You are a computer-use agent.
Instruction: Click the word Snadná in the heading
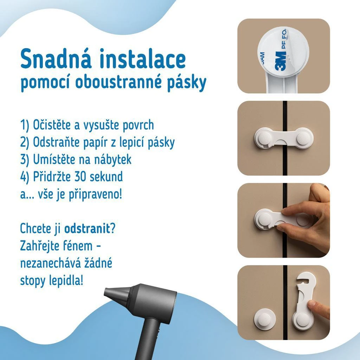pyautogui.click(x=56, y=59)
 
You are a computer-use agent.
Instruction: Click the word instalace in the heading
pyautogui.click(x=143, y=59)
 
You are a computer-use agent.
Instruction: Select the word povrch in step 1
pyautogui.click(x=138, y=125)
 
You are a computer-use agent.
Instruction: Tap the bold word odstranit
pyautogui.click(x=87, y=229)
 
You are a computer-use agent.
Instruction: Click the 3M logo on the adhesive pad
pyautogui.click(x=281, y=61)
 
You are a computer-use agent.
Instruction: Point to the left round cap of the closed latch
pyautogui.click(x=264, y=137)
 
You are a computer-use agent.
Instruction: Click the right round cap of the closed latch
pyautogui.click(x=303, y=138)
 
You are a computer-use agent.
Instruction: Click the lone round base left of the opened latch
pyautogui.click(x=265, y=319)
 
